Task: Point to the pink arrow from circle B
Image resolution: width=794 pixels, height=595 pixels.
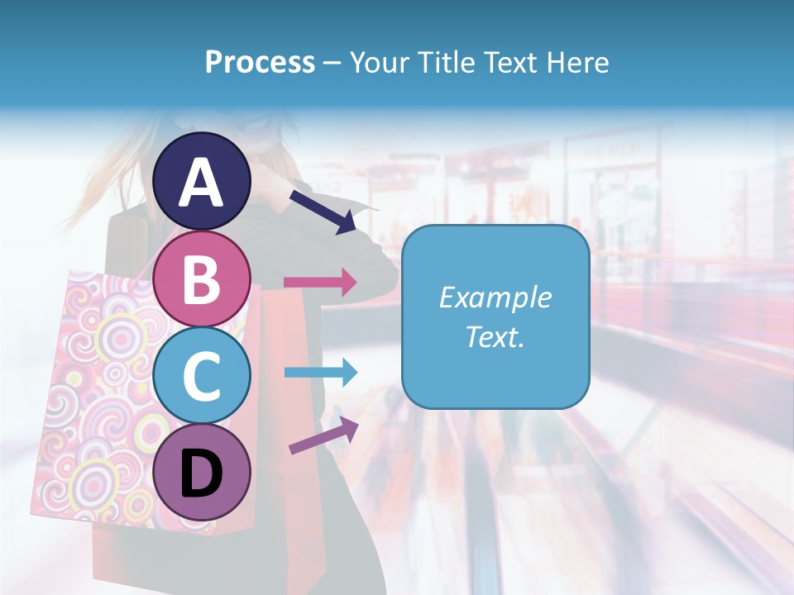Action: [x=320, y=282]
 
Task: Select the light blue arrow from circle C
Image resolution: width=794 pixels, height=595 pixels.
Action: [x=320, y=373]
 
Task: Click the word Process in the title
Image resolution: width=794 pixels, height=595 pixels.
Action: [x=260, y=62]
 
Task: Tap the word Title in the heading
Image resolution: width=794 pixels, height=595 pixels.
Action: [x=447, y=62]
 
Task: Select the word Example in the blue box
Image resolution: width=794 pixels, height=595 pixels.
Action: [x=495, y=297]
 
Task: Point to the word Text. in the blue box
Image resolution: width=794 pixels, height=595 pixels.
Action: [x=495, y=337]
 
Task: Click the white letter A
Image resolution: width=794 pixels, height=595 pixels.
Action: [x=202, y=183]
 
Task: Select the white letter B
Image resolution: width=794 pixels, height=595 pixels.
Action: [x=202, y=278]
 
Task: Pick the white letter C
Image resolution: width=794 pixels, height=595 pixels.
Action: [x=202, y=377]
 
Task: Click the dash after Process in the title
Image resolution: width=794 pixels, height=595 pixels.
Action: [x=332, y=63]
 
